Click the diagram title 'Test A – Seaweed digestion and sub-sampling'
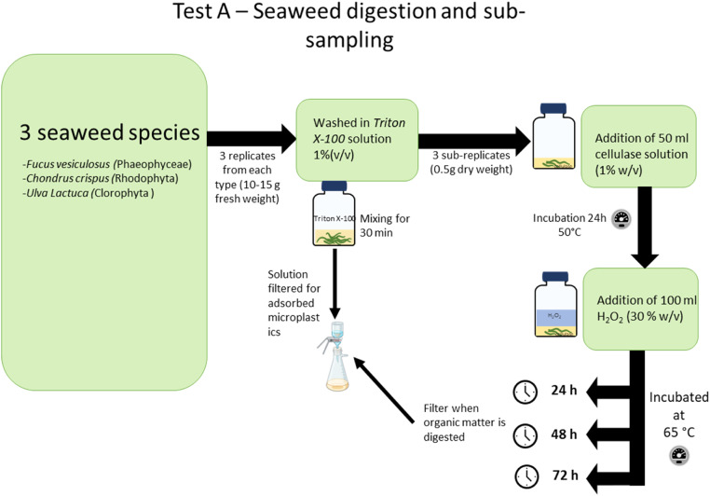pyautogui.click(x=348, y=25)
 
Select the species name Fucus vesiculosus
pyautogui.click(x=68, y=164)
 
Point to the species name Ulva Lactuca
pyautogui.click(x=58, y=193)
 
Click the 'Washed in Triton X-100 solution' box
pyautogui.click(x=357, y=140)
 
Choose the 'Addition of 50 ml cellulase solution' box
pyautogui.click(x=638, y=146)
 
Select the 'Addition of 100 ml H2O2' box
pyautogui.click(x=640, y=309)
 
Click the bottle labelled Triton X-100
pyautogui.click(x=335, y=214)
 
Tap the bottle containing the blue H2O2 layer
pyautogui.click(x=555, y=304)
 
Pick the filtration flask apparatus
pyautogui.click(x=335, y=356)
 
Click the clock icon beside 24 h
pyautogui.click(x=526, y=392)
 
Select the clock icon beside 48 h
pyautogui.click(x=526, y=435)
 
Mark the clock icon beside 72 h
pyautogui.click(x=527, y=476)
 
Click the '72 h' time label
pyautogui.click(x=565, y=475)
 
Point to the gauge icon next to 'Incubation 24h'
pyautogui.click(x=621, y=219)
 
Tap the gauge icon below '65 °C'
pyautogui.click(x=679, y=456)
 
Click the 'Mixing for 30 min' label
pyautogui.click(x=385, y=226)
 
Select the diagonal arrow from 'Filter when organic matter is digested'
pyautogui.click(x=383, y=390)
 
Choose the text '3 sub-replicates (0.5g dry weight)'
pyautogui.click(x=471, y=162)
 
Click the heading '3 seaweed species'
pyautogui.click(x=110, y=132)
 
